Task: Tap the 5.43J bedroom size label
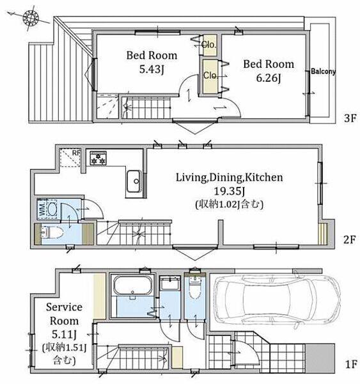[152, 70]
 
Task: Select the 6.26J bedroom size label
[269, 78]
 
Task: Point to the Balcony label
[323, 72]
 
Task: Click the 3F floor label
[350, 118]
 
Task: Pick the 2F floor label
[350, 239]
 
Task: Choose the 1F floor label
[351, 364]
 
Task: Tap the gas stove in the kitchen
[98, 158]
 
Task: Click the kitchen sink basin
[134, 181]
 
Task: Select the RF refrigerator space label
[76, 153]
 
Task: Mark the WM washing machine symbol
[48, 209]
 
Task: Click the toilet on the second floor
[52, 232]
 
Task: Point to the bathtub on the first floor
[132, 286]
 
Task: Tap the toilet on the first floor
[195, 288]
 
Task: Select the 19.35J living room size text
[230, 191]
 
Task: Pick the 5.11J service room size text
[65, 334]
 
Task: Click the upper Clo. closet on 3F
[209, 45]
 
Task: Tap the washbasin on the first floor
[170, 284]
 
